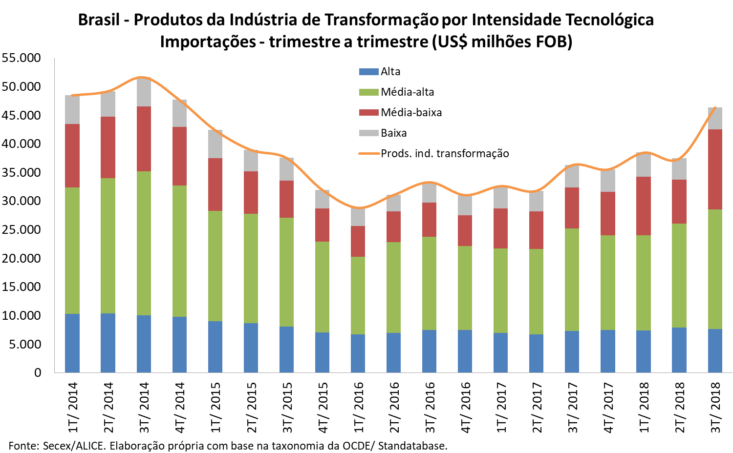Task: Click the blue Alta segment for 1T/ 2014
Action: [x=72, y=343]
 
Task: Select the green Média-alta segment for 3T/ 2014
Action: [x=144, y=243]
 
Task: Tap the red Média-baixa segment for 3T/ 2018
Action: [x=715, y=169]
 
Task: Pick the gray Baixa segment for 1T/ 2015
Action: [x=215, y=144]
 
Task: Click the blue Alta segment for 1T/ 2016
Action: [x=358, y=353]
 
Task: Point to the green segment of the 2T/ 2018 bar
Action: [x=679, y=275]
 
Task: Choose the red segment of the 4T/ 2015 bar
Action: [x=322, y=225]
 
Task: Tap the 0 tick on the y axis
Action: [x=38, y=372]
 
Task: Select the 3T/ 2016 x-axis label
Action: [x=430, y=407]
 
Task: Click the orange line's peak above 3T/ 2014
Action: [x=142, y=77]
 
